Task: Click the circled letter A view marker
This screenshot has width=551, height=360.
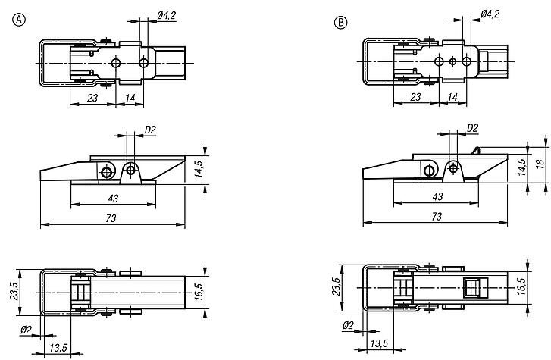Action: tap(19, 20)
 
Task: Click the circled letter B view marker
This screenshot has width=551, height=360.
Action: tap(340, 23)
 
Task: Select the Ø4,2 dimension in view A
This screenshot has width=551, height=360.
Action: tap(167, 16)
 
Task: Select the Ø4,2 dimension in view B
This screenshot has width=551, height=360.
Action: tap(490, 14)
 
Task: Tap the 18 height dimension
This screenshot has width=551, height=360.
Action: tap(540, 164)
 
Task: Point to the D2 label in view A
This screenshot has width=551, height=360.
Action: tap(150, 130)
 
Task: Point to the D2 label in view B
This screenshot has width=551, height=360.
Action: tap(473, 128)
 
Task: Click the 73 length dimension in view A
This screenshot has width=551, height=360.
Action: tap(111, 219)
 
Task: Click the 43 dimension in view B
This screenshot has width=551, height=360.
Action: tap(437, 196)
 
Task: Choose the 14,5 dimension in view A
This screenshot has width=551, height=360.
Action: tap(199, 169)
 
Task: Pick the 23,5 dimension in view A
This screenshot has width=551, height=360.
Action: tap(14, 292)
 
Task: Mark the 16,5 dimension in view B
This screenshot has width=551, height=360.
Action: tap(521, 286)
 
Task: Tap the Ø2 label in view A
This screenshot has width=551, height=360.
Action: tap(26, 330)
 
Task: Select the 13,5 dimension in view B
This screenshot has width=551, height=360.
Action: tap(379, 343)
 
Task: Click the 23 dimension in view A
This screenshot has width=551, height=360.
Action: tap(92, 98)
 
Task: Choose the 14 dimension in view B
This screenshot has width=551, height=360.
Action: tap(452, 97)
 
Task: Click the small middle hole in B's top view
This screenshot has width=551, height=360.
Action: tap(453, 62)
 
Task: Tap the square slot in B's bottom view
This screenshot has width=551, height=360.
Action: tap(475, 287)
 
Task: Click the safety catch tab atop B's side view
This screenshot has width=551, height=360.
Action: tap(475, 151)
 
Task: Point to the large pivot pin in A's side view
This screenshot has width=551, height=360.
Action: tap(107, 172)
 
